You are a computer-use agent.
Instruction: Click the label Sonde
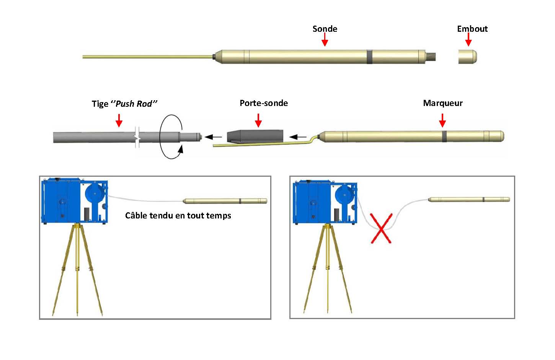[325, 29]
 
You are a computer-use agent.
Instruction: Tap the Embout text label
[472, 29]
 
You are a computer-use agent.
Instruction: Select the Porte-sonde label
[264, 103]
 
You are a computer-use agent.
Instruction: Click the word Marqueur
[443, 103]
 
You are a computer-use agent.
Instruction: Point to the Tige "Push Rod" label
[124, 104]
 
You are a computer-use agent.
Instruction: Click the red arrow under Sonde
[325, 39]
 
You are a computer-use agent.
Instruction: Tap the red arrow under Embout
[468, 39]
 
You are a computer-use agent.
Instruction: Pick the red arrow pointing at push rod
[119, 120]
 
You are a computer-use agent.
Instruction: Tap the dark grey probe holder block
[255, 136]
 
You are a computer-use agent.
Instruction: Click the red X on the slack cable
[381, 228]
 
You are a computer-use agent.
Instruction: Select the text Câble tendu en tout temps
[178, 215]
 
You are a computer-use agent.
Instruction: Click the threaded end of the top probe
[431, 57]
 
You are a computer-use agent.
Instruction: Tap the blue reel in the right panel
[344, 195]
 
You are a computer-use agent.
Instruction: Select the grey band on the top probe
[369, 56]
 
